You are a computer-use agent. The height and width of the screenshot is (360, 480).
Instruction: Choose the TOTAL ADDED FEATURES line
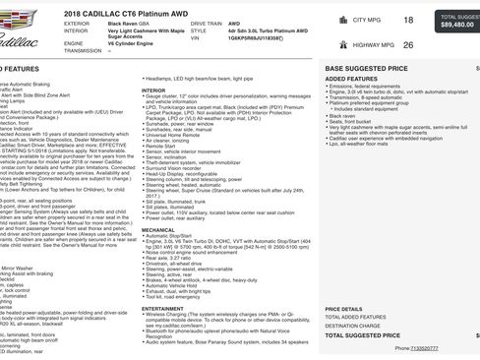357,317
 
